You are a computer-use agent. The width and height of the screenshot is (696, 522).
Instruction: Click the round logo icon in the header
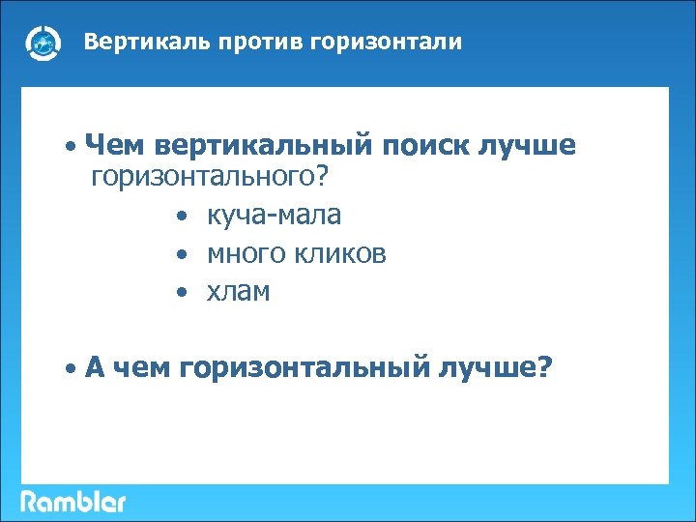click(43, 43)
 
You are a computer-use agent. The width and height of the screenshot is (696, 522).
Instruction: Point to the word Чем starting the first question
click(111, 146)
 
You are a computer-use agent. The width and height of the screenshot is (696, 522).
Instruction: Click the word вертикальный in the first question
click(262, 146)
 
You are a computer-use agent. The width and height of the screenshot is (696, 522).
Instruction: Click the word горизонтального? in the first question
click(211, 177)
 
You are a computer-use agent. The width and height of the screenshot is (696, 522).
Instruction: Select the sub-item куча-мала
click(274, 215)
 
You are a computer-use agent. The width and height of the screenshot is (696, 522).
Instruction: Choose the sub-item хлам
click(238, 292)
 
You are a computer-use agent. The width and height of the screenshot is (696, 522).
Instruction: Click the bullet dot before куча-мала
click(181, 216)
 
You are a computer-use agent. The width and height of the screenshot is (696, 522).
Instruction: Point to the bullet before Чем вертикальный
click(72, 148)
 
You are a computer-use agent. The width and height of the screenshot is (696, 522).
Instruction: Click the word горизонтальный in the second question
click(306, 367)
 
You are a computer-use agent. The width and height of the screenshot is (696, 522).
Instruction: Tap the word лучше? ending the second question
click(497, 367)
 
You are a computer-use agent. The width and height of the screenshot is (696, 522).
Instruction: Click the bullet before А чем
click(72, 369)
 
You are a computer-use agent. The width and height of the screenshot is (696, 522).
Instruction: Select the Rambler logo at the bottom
click(73, 502)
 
